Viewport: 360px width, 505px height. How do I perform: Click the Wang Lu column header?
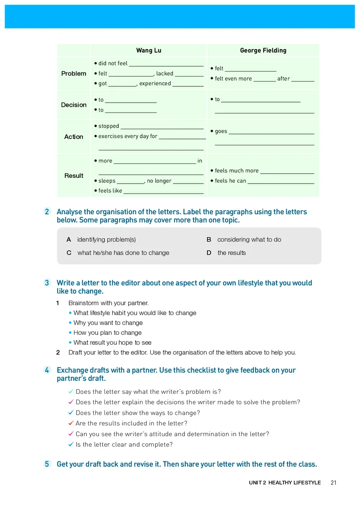[x=148, y=50]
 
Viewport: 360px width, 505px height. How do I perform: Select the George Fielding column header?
[x=263, y=50]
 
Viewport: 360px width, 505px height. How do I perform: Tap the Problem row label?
[x=74, y=73]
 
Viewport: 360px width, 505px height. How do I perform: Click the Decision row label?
[x=74, y=105]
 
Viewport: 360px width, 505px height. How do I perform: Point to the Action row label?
[x=74, y=136]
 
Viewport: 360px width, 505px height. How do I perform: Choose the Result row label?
[x=74, y=176]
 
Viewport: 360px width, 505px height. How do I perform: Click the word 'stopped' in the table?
[x=109, y=126]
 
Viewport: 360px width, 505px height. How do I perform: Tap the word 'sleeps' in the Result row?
[x=107, y=180]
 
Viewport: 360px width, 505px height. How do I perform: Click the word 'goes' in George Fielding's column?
[x=221, y=131]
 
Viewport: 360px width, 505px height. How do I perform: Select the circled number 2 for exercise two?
[x=47, y=212]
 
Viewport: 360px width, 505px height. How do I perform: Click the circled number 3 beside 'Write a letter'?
[x=47, y=283]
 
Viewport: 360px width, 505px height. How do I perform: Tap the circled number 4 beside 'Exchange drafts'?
[x=47, y=370]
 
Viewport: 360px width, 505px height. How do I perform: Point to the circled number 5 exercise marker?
[x=47, y=464]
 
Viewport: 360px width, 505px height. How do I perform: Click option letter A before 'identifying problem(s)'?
[x=69, y=239]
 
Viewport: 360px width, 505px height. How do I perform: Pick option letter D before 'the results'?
[x=209, y=252]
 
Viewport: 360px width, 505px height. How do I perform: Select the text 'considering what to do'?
[x=249, y=239]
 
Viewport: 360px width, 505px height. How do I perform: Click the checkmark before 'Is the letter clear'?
[x=71, y=444]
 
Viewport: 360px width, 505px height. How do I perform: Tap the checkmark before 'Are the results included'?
[x=71, y=423]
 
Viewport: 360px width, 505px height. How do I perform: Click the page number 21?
[x=333, y=482]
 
